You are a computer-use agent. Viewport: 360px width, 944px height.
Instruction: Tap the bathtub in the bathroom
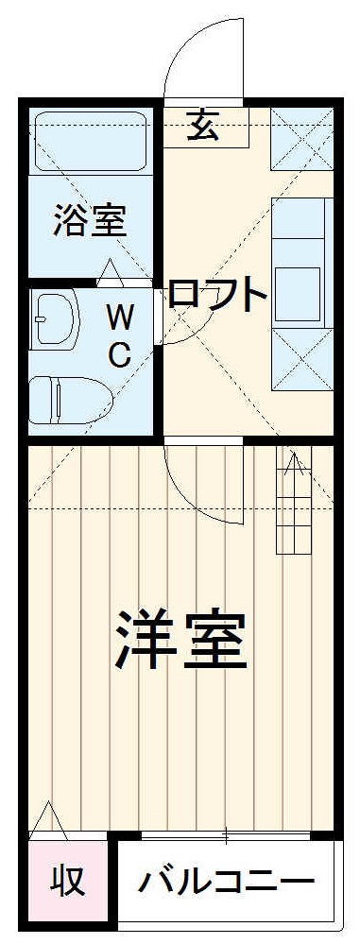coord(90,142)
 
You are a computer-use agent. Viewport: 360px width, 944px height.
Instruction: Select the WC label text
coord(118,333)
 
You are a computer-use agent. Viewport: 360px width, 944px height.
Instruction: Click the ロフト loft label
coord(217,295)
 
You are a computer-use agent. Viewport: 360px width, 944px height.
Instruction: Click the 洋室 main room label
coord(181,641)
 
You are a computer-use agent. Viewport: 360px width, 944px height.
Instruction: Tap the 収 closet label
coord(68,881)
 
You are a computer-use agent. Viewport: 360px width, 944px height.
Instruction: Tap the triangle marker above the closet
coord(47,818)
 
